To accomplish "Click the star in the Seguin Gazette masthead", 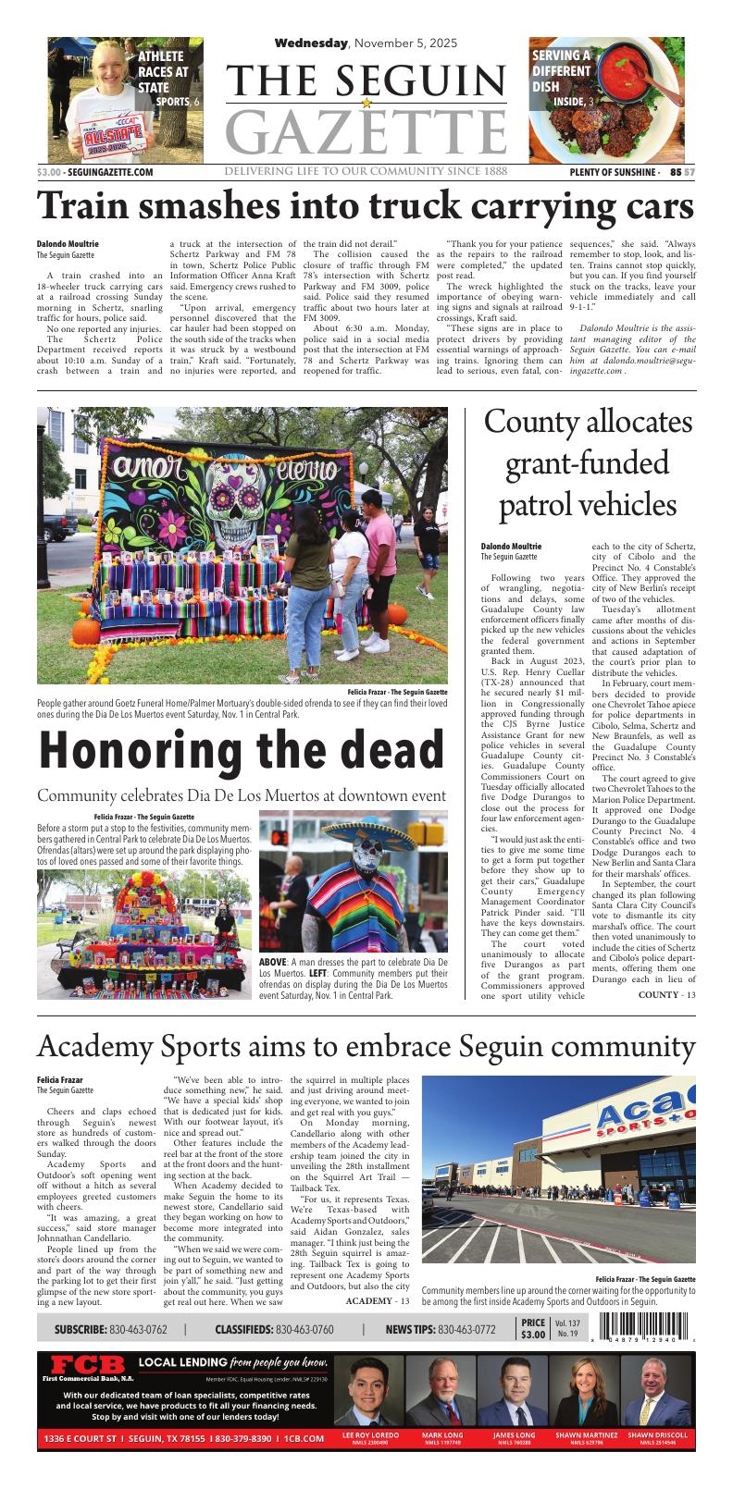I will [367, 103].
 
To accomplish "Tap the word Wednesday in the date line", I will [311, 43].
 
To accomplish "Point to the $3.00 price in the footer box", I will [533, 1335].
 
